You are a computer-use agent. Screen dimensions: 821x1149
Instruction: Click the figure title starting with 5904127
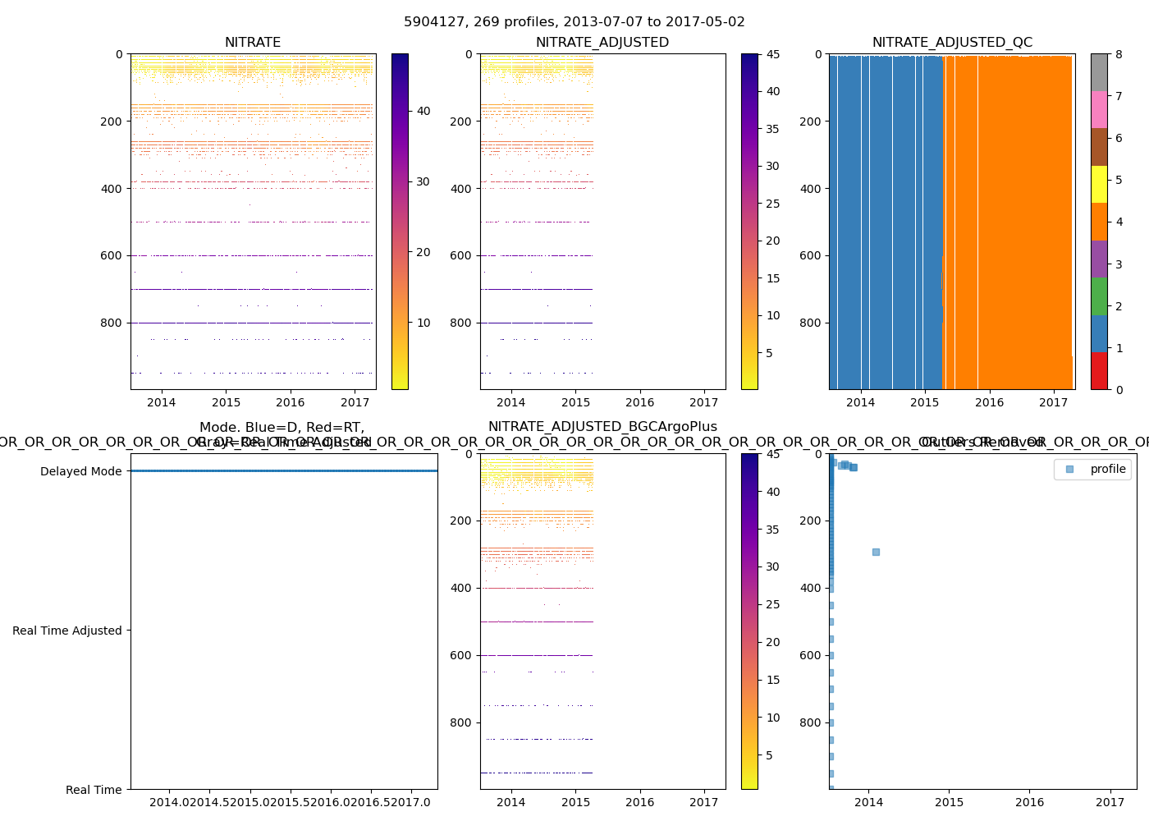pyautogui.click(x=574, y=22)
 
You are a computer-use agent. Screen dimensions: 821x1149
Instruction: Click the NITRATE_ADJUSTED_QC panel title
pyautogui.click(x=952, y=43)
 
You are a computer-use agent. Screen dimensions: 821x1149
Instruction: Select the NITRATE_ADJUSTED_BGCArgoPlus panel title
pyautogui.click(x=602, y=427)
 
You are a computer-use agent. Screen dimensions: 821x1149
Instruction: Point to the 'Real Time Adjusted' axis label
pyautogui.click(x=66, y=631)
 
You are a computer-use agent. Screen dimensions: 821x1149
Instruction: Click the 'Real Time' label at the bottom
pyautogui.click(x=94, y=790)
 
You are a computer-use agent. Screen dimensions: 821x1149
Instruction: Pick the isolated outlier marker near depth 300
pyautogui.click(x=876, y=552)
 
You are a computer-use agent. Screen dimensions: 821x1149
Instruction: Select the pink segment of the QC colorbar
pyautogui.click(x=1099, y=109)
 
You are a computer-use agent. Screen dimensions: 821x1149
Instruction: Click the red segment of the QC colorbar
pyautogui.click(x=1099, y=371)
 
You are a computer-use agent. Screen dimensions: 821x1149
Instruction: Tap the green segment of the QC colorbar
pyautogui.click(x=1099, y=296)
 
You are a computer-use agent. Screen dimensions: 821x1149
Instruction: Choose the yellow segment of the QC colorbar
pyautogui.click(x=1099, y=184)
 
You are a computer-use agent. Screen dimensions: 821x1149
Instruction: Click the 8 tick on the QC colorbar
pyautogui.click(x=1119, y=54)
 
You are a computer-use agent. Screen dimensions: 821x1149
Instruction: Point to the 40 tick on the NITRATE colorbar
pyautogui.click(x=423, y=111)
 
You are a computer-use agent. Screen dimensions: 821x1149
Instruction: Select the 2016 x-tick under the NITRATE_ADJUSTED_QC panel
pyautogui.click(x=989, y=402)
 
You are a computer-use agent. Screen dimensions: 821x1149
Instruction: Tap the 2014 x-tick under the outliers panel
pyautogui.click(x=868, y=802)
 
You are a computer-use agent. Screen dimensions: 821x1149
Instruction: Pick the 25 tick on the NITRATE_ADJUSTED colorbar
pyautogui.click(x=773, y=204)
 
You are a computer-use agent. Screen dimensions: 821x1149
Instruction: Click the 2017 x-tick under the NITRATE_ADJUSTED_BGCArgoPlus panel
pyautogui.click(x=704, y=802)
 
